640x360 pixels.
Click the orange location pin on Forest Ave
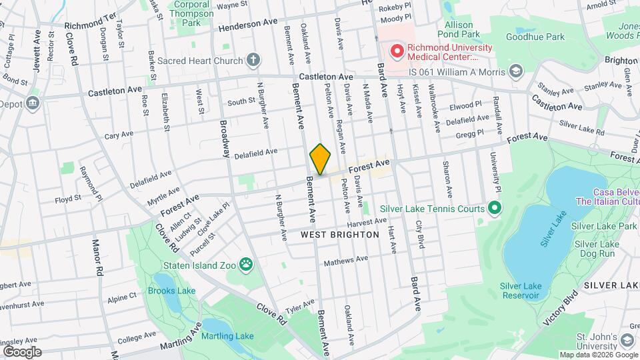320,159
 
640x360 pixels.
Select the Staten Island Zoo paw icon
247,265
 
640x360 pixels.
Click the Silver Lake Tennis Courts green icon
494,209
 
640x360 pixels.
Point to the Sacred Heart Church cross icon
253,61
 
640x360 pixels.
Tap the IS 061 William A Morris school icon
515,71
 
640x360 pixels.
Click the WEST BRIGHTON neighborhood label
339,235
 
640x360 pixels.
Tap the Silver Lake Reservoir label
521,291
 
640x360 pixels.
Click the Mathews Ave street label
346,260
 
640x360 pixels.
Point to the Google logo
22,352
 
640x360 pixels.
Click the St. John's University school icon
626,341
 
